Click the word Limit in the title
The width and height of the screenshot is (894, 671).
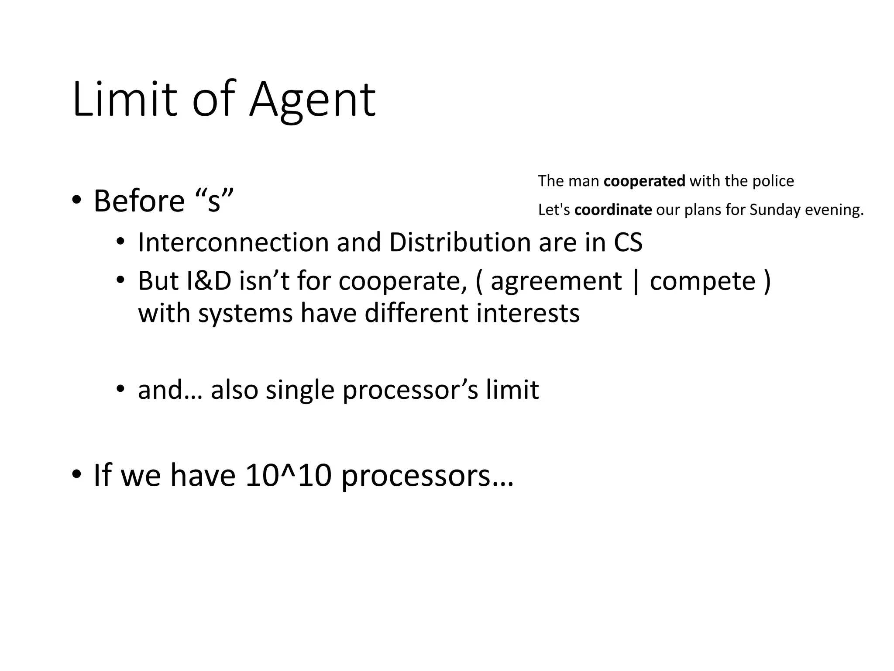tap(125, 100)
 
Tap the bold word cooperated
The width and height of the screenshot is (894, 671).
tap(644, 181)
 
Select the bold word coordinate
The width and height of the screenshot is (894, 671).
tap(613, 210)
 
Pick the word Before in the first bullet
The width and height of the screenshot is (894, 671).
tap(139, 201)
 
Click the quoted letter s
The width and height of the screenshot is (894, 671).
tap(214, 202)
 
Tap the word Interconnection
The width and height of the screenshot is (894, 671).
tap(233, 242)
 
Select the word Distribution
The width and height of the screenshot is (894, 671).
tap(460, 242)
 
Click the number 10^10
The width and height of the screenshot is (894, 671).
tap(289, 475)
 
